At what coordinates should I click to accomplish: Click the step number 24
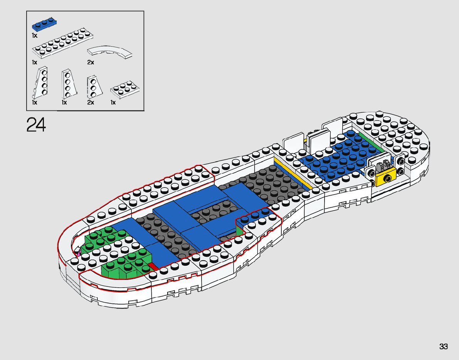pos(36,125)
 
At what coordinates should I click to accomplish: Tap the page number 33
pos(443,347)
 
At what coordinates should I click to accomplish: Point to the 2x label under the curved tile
pos(91,62)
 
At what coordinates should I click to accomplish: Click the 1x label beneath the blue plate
pos(35,35)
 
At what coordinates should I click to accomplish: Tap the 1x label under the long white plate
pos(35,62)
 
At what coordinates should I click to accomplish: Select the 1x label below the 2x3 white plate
pos(113,102)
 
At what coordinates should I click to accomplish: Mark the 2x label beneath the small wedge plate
pos(91,102)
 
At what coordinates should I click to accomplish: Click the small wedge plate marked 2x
pos(92,87)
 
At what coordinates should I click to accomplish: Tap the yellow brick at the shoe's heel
pos(385,178)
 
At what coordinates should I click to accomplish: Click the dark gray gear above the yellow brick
pos(383,167)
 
